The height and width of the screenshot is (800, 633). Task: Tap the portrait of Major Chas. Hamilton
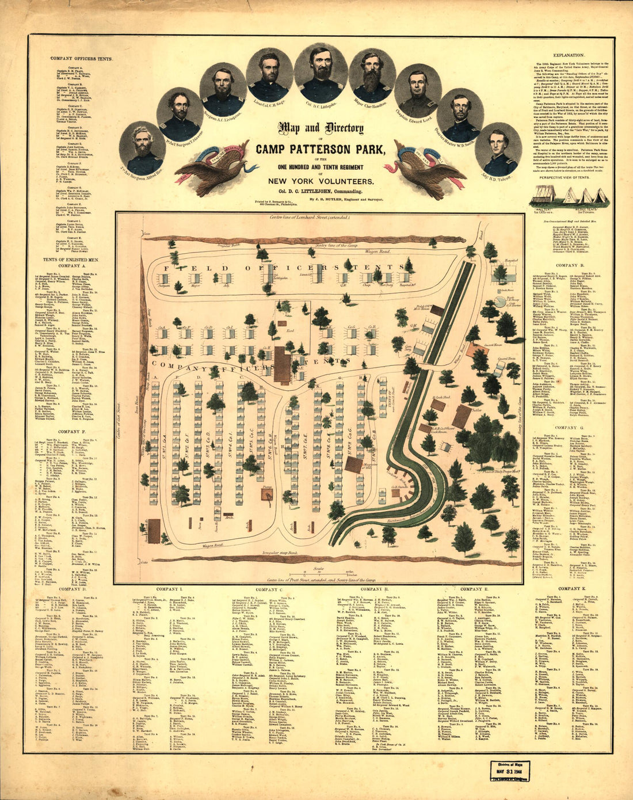coord(372,76)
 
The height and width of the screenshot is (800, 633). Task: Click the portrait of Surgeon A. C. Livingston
coord(223,89)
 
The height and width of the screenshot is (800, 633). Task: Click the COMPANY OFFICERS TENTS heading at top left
coord(81,59)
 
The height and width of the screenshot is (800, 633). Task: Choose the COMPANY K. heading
coord(571,589)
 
